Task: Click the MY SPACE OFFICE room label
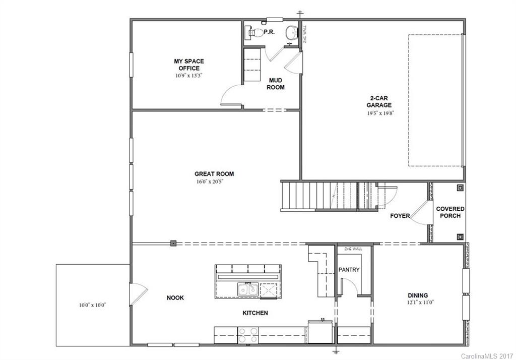click(x=189, y=65)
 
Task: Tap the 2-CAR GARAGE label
click(x=379, y=102)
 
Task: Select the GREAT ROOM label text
click(x=214, y=174)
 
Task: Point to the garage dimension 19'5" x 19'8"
click(x=379, y=113)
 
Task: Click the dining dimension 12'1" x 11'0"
click(x=418, y=303)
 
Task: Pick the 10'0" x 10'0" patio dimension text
click(x=93, y=305)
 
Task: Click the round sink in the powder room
click(x=291, y=33)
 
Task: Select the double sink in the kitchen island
click(x=248, y=289)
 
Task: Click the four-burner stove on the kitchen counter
click(x=248, y=335)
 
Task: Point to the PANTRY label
click(x=349, y=270)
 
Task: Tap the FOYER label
click(x=400, y=216)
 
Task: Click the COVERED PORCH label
click(x=450, y=212)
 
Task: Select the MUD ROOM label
click(x=276, y=84)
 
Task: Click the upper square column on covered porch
click(x=460, y=188)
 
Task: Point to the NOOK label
click(x=175, y=298)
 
